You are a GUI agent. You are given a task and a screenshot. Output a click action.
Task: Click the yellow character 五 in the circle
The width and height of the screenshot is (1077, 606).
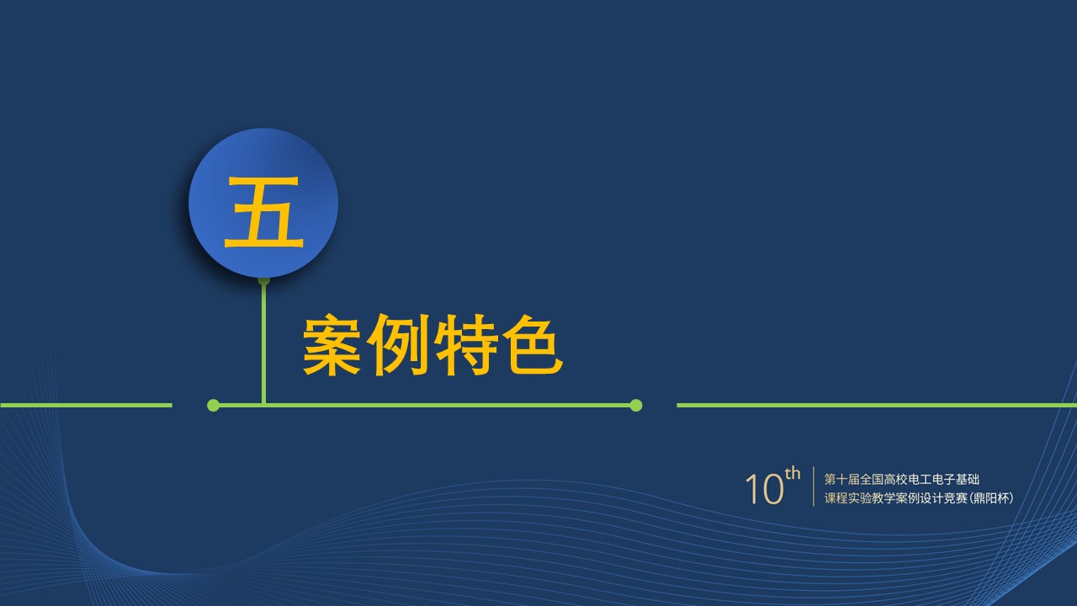264,211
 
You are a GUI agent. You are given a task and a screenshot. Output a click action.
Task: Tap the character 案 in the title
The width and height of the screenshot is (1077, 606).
332,344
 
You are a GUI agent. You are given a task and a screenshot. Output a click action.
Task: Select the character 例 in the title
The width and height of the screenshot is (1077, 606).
398,344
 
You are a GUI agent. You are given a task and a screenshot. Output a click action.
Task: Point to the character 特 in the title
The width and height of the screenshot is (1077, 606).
466,344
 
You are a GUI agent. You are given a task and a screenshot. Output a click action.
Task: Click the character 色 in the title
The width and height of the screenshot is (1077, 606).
533,344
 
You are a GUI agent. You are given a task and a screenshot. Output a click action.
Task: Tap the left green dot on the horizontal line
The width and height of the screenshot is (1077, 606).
213,406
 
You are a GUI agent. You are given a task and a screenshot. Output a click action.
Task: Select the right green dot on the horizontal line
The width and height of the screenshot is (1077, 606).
635,406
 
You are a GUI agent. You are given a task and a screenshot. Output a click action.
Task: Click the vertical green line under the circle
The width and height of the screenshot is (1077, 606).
263,343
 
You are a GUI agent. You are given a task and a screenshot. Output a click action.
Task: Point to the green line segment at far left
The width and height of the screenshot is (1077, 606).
86,406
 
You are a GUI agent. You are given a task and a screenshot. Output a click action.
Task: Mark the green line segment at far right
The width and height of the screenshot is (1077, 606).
877,406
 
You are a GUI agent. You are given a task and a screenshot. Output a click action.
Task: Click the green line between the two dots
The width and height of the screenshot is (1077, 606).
425,406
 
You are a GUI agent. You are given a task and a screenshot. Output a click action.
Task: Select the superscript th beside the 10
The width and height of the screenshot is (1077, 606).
793,474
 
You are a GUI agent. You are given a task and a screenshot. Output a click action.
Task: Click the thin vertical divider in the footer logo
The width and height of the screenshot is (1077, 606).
814,486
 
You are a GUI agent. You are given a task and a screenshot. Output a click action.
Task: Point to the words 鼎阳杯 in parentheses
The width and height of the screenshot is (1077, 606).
991,498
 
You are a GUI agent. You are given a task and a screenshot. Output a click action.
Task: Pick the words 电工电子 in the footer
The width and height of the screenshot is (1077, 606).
931,480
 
